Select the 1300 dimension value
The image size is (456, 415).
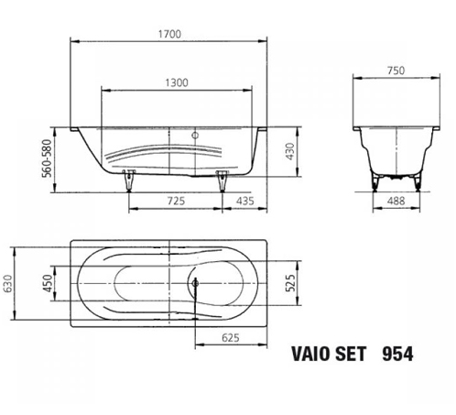[x=176, y=82]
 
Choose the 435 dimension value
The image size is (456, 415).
[x=244, y=200]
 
